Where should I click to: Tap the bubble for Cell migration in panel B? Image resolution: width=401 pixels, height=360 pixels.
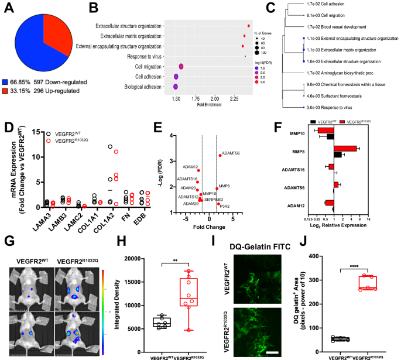pos(181,67)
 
